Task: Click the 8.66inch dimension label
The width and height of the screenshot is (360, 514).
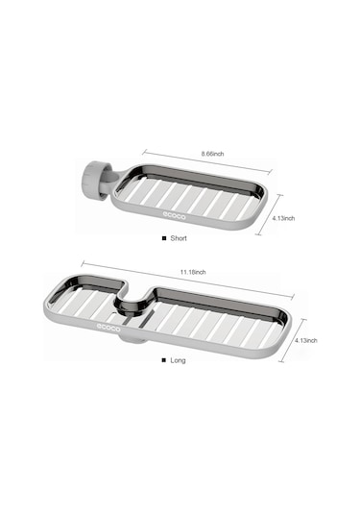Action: [212, 154]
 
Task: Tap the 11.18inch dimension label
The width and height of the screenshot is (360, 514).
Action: [193, 272]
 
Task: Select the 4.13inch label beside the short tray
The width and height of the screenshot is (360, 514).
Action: [283, 218]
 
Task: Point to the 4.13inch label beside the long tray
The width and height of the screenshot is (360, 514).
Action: [305, 341]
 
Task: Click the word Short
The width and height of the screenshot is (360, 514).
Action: [179, 238]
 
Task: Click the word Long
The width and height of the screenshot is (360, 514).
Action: [178, 360]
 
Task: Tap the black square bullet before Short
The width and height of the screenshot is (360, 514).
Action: [164, 238]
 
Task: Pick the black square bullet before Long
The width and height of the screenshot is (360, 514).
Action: [164, 360]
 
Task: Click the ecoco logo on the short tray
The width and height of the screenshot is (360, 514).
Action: [175, 216]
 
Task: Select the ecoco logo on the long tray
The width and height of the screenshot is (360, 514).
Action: [108, 328]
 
